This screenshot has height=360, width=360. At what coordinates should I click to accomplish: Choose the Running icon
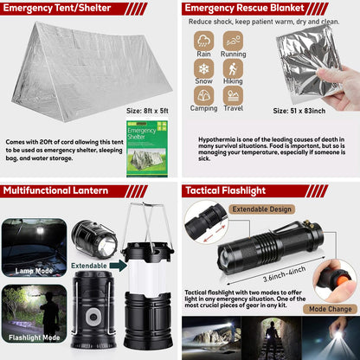point(233,40)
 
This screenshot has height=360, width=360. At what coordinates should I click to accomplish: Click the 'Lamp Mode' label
point(35,270)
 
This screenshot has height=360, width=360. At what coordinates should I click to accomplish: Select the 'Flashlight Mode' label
point(35,337)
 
